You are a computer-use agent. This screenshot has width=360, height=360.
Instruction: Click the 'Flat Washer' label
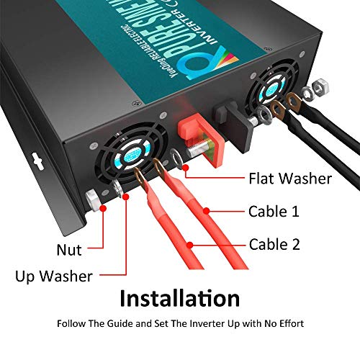(x=289, y=178)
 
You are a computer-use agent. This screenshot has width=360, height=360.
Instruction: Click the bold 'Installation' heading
(x=179, y=298)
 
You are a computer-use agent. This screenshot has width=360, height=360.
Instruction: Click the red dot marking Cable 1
(x=207, y=211)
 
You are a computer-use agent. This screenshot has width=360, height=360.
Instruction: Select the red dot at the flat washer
(x=186, y=170)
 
